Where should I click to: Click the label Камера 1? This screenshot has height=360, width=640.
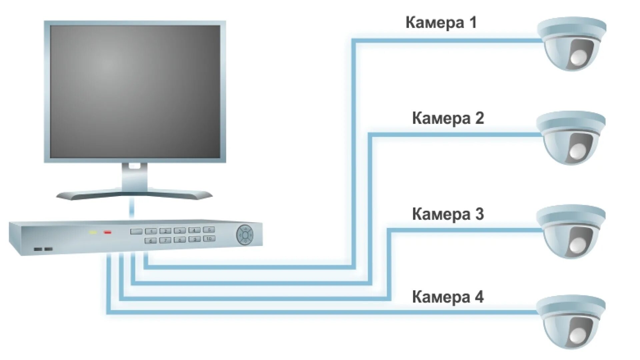coord(441,23)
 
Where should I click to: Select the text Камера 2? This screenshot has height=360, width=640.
coord(448,118)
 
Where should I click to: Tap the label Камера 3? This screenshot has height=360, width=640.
coord(448,214)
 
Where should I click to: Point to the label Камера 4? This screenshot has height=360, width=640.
coord(448,297)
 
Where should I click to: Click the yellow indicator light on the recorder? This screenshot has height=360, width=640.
coord(92,232)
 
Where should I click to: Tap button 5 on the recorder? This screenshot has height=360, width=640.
coord(209,230)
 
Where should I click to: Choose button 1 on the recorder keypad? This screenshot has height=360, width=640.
coord(151,231)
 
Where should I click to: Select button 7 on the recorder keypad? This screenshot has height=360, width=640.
coord(165,240)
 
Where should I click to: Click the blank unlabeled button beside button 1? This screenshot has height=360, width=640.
coord(136,231)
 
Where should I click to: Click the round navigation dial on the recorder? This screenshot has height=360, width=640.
coord(245,235)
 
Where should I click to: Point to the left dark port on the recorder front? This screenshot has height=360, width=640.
coord(38,249)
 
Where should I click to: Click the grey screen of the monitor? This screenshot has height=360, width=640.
coord(135,92)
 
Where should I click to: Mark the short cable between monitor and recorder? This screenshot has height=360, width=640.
coord(132,208)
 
